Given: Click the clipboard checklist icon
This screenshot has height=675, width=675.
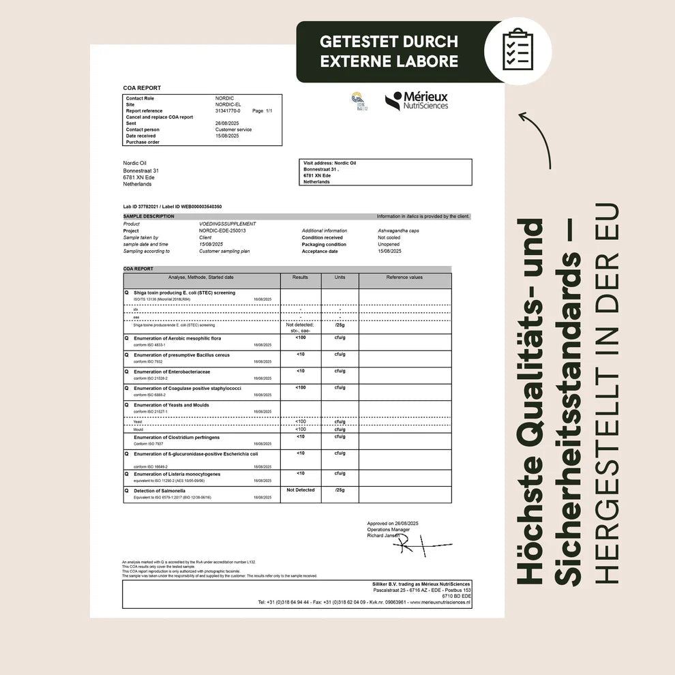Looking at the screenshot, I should (517, 50).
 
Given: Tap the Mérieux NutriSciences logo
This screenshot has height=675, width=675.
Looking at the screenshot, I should (417, 101).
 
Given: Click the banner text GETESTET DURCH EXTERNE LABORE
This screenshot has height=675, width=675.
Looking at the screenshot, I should (389, 51).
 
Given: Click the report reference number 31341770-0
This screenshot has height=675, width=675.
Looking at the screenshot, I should (228, 111).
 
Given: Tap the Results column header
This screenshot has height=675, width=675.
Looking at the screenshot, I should (300, 277).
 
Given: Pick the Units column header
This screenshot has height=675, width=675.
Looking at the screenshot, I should (340, 277).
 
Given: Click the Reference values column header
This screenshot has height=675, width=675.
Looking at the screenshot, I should (404, 277).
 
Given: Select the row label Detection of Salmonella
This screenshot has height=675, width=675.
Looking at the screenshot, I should (159, 491).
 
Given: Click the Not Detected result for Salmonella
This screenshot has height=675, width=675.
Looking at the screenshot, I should (300, 490).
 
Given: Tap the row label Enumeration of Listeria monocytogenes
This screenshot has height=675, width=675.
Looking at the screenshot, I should (177, 474).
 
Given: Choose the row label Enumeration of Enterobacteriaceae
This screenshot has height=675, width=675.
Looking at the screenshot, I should (172, 372).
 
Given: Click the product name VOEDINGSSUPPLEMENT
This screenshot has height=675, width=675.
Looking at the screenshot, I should (228, 224).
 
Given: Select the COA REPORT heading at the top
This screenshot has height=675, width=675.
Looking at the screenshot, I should (142, 88).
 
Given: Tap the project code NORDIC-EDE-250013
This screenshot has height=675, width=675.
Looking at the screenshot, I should (222, 230).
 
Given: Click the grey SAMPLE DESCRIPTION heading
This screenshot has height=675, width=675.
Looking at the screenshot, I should (149, 216).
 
